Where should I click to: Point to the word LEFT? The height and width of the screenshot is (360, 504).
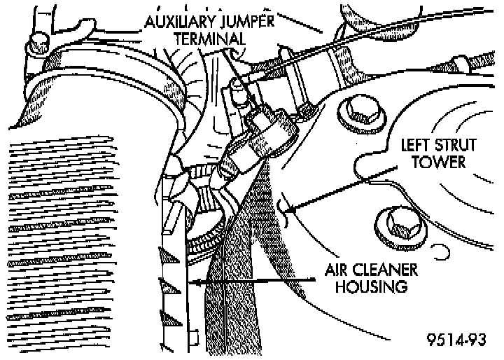pos(416,146)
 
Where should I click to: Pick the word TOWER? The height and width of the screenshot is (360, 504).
pos(442,162)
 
